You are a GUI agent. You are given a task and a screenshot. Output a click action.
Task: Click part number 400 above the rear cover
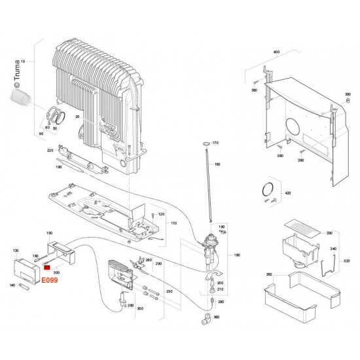point(276,51)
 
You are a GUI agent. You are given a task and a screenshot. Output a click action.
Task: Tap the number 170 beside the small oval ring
point(215,142)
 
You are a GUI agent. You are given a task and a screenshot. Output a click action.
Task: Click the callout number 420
point(286,194)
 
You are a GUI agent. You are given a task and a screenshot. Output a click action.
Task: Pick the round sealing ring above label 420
point(267,189)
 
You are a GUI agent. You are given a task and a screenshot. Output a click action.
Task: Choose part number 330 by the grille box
point(329,232)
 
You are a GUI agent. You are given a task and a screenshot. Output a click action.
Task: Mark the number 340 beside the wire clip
point(333,249)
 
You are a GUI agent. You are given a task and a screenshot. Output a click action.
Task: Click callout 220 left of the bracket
point(50,151)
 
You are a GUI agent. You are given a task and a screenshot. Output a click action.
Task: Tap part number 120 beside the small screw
point(161,215)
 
